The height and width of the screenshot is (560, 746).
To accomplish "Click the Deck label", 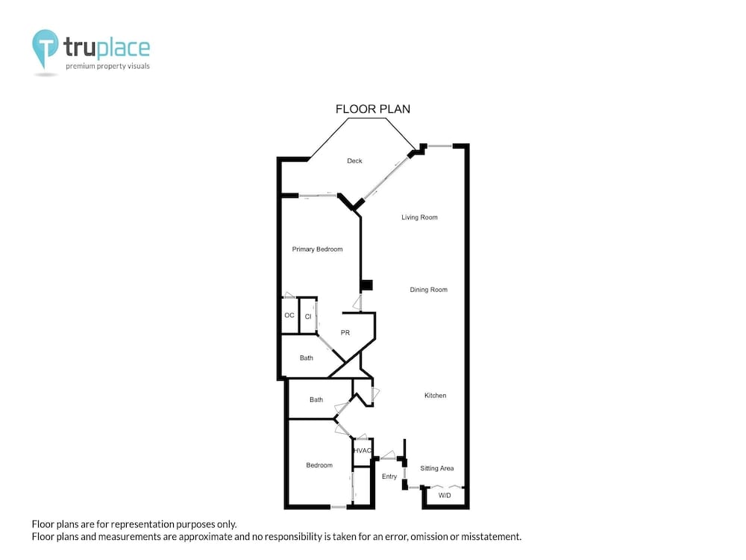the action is pos(354,161).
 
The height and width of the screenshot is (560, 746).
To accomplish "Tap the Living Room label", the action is pos(419,217).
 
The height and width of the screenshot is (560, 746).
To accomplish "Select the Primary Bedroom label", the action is pos(317,249).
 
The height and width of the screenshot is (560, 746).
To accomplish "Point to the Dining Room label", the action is pos(429,290).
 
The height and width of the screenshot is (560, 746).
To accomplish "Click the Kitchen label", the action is pos(436,395).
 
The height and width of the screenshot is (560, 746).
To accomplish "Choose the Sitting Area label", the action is pos(436,468).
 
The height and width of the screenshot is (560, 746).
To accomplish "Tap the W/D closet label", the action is pos(445,495).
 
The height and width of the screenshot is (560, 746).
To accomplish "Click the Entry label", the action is pos(389,476).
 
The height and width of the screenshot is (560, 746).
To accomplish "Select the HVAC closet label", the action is pos(362,450).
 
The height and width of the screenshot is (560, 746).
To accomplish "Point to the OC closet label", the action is pos(289,315).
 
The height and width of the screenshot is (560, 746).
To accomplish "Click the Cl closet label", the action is pos(308,316).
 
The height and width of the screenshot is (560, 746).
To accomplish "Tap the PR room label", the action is pos(345,333).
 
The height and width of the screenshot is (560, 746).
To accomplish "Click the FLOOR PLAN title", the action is pos(373,109).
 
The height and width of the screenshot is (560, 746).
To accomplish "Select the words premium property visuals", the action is pos(107,66).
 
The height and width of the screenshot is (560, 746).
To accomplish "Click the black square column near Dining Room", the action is pos(366,285).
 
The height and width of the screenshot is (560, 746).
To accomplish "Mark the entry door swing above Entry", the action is pos(388,455).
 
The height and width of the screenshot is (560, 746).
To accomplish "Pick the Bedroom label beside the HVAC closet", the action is pos(319,465).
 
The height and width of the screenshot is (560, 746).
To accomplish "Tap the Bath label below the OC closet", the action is pos(307,358).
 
